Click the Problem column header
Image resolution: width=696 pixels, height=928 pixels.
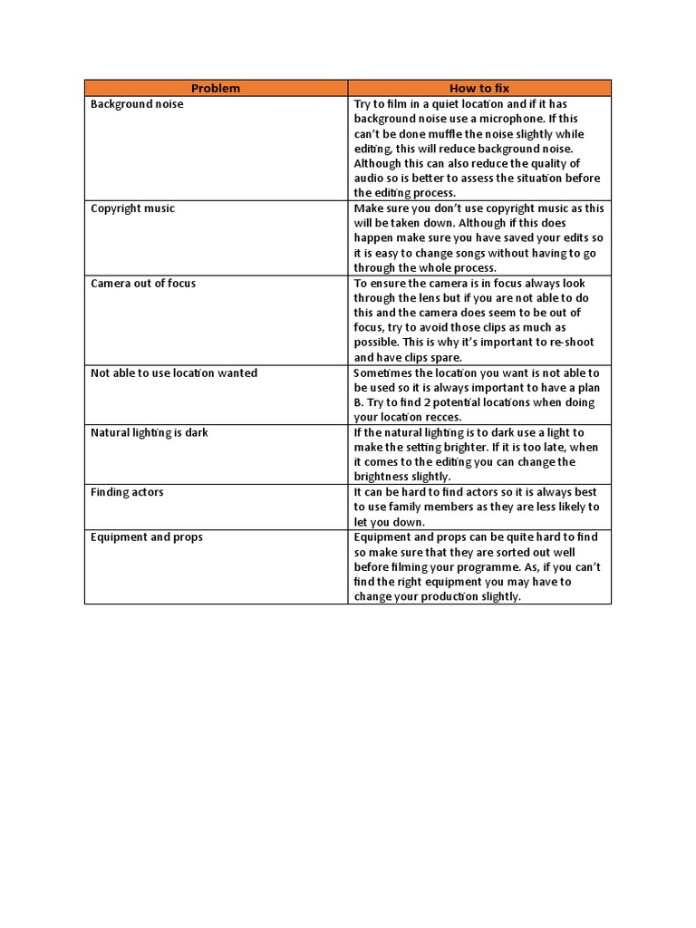216,88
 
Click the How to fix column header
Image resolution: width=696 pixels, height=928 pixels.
479,88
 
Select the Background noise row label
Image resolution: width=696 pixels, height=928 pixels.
137,104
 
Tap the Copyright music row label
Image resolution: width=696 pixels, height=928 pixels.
132,208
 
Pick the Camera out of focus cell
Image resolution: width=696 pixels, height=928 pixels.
143,284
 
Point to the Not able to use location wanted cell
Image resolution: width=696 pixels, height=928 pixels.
174,373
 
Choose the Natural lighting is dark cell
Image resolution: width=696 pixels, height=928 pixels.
150,433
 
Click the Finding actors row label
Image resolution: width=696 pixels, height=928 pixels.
127,492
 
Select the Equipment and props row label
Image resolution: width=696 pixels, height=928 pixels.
147,537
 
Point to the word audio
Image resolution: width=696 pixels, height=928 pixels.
370,179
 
